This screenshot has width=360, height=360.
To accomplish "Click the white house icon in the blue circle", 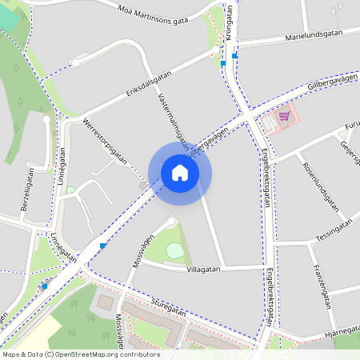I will coord(180,172).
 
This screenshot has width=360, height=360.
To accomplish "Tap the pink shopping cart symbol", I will coord(284,116).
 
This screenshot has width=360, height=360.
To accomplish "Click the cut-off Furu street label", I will coord(351,126).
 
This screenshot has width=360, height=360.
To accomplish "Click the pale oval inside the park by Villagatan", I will coord(174,250).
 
